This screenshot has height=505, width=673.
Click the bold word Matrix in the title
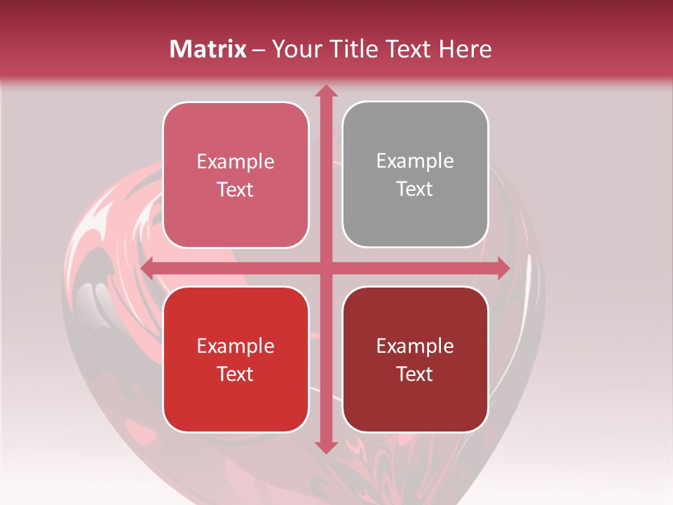click(208, 49)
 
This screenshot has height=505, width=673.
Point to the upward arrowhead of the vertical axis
click(325, 90)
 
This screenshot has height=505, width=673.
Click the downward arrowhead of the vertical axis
click(325, 447)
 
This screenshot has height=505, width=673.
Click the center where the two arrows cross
click(325, 268)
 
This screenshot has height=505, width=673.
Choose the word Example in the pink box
click(236, 162)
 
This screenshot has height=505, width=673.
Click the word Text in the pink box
click(236, 190)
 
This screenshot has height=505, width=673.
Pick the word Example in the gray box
click(415, 161)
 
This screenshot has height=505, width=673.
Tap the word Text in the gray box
click(415, 189)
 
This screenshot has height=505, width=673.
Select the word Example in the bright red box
click(236, 346)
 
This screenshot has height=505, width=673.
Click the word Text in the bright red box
click(236, 375)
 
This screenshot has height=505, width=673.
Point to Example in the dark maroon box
click(415, 346)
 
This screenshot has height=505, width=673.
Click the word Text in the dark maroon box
click(415, 375)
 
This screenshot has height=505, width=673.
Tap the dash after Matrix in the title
click(259, 50)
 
